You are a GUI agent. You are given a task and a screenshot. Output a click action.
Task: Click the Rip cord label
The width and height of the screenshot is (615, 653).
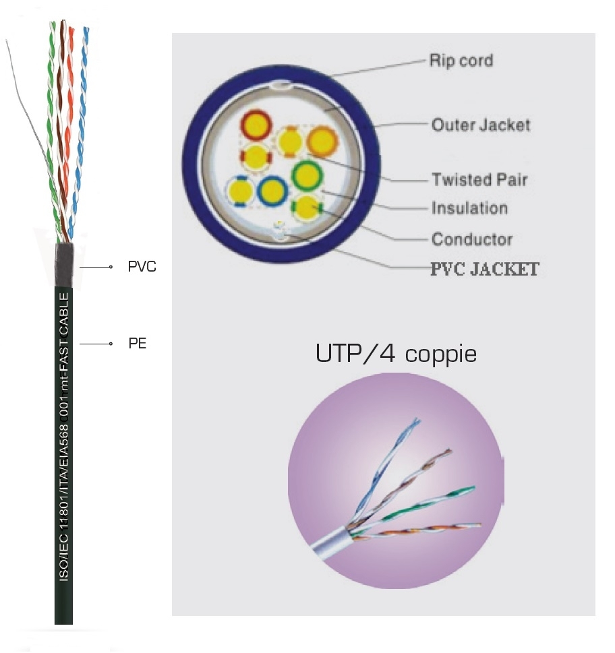(461, 61)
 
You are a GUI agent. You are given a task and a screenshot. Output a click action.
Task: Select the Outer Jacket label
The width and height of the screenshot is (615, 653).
(480, 125)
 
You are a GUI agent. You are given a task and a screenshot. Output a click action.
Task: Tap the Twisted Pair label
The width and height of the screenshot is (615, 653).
(479, 179)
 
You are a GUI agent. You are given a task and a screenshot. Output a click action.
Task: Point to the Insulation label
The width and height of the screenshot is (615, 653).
(469, 208)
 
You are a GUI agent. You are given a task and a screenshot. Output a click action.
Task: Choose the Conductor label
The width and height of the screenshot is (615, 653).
(471, 239)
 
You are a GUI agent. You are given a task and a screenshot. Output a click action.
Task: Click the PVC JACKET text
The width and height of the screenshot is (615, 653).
(484, 270)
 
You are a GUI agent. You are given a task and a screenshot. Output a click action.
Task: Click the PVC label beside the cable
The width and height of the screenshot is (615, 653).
(142, 267)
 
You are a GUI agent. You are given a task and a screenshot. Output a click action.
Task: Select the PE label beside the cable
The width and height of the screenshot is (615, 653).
(137, 344)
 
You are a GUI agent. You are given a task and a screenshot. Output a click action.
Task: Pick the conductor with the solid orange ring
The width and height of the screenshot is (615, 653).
(322, 142)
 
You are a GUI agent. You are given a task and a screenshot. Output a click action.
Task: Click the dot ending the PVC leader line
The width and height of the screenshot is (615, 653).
(111, 268)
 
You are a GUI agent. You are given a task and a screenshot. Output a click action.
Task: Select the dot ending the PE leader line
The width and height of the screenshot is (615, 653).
(111, 344)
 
